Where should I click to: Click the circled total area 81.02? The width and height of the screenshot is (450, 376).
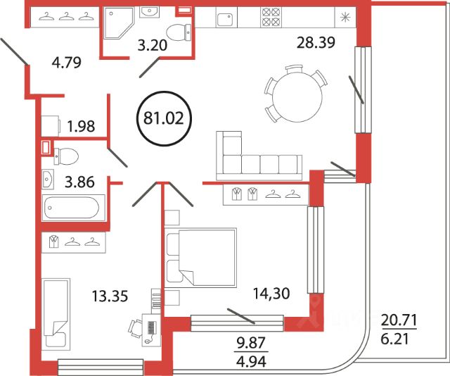coord(163,118)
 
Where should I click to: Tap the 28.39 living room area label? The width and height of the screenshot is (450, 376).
coord(316,42)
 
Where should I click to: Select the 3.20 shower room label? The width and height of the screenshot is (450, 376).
coord(152,46)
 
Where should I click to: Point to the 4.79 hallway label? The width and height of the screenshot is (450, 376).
coord(67,63)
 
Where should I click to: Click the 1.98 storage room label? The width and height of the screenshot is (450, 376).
coord(81,127)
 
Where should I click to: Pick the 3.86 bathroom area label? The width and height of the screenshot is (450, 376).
coord(79,182)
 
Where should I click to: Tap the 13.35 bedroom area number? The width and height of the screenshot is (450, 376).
coord(110,296)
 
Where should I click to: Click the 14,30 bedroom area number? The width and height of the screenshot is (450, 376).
coord(271,294)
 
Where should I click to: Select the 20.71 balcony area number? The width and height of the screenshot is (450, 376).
coord(399,320)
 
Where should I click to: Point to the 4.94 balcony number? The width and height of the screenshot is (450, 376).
coord(251,361)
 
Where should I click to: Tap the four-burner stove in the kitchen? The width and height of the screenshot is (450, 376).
coord(271,17)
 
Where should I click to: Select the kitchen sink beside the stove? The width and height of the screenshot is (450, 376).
coord(226,20)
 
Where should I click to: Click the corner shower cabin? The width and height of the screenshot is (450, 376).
coord(119,23)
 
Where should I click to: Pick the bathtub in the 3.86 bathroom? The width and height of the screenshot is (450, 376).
coord(73,208)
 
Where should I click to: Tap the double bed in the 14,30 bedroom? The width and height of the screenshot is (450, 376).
coord(200,258)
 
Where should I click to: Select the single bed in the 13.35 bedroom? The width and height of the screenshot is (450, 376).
coord(56,314)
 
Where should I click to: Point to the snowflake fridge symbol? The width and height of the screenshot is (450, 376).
coord(345,18)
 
